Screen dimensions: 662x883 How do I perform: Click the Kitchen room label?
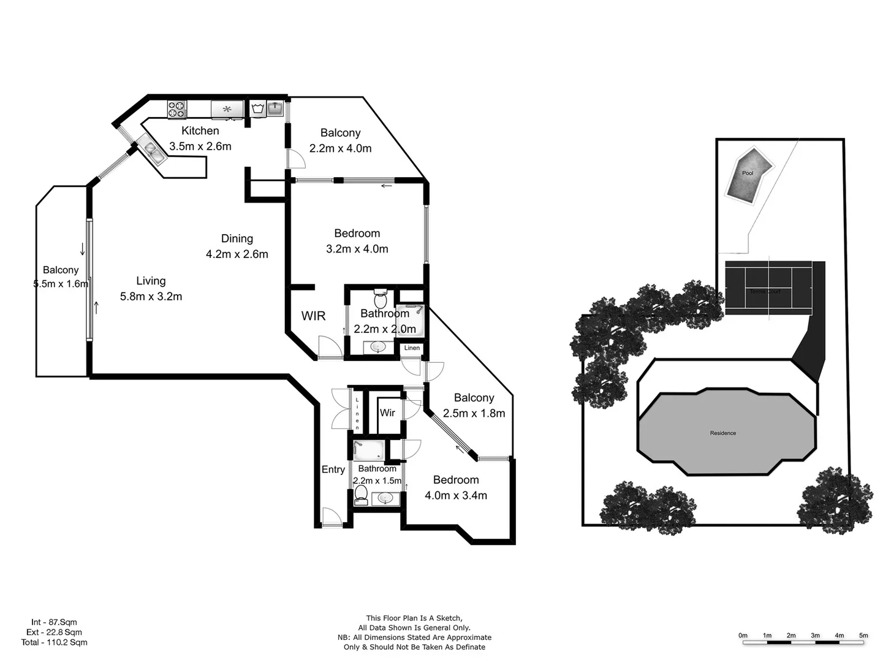(200, 131)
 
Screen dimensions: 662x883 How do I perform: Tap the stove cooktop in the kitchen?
(177, 110)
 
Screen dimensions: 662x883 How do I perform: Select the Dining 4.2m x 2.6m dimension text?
(237, 254)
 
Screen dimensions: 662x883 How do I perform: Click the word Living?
(151, 281)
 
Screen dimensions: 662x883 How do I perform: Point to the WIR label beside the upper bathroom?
(313, 316)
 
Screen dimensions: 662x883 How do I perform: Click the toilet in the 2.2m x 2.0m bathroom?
(381, 300)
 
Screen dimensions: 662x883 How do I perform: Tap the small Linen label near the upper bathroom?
(412, 348)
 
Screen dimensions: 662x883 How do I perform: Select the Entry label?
(333, 470)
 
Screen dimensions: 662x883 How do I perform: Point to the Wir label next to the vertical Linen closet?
(387, 413)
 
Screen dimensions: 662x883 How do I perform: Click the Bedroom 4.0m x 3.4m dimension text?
(456, 496)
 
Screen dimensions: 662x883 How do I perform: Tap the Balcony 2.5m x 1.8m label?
(474, 406)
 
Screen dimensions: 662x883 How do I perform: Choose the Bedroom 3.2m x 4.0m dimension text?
(357, 249)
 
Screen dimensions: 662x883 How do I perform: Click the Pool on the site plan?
(747, 174)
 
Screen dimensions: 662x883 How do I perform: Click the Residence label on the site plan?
(723, 433)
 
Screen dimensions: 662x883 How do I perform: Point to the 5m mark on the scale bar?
(863, 636)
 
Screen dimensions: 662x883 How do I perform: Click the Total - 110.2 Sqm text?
(54, 642)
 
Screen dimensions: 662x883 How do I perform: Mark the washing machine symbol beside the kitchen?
(258, 110)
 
